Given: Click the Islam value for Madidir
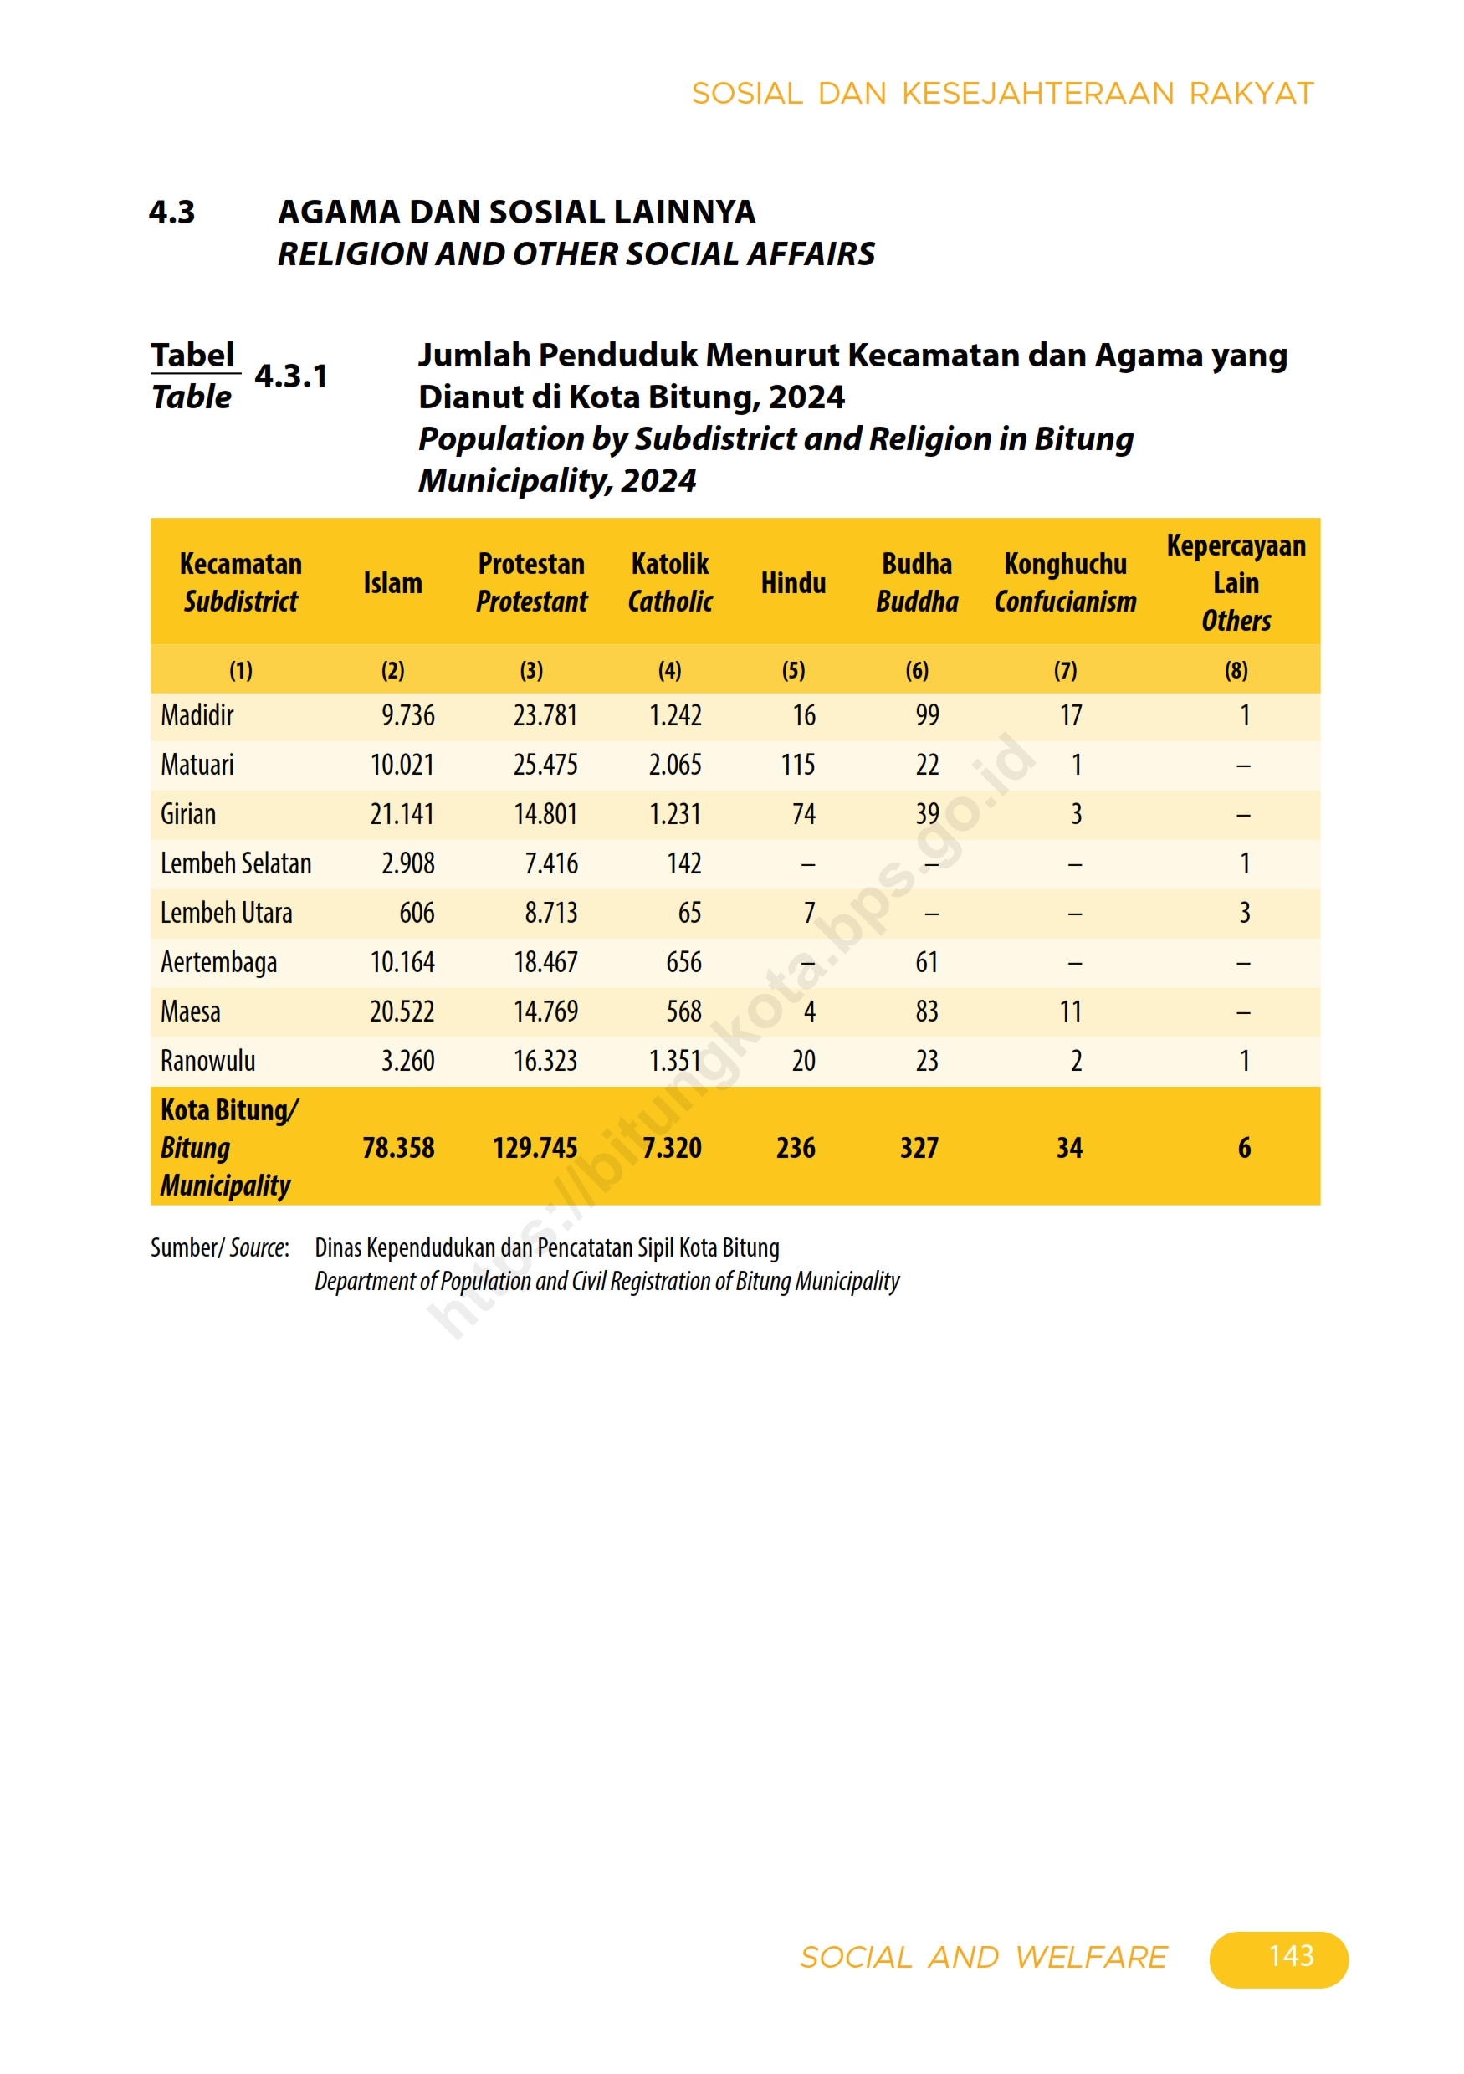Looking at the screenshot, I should (407, 715).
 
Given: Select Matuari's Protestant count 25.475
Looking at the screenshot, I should (545, 766).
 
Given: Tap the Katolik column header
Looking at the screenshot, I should (669, 581).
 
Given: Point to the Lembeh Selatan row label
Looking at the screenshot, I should (236, 863).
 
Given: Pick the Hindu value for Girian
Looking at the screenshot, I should (803, 815).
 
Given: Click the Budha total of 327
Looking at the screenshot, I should (919, 1147).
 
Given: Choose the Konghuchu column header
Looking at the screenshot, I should (1065, 581).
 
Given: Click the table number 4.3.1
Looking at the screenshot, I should (291, 376).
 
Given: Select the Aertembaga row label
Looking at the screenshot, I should (218, 962).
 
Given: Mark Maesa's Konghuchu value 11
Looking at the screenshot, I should (1070, 1011).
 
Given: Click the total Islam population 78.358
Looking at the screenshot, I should (398, 1147).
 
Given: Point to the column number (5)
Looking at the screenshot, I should (793, 670).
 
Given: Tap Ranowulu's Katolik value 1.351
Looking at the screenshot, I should (674, 1061).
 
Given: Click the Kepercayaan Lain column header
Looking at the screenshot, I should (1236, 581).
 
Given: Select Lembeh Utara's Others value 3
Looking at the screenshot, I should (1245, 914).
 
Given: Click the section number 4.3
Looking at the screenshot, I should (171, 213).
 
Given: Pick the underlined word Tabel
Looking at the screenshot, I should (192, 355).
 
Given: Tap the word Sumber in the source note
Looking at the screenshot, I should (184, 1247).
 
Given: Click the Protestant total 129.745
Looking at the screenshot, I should (535, 1147).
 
